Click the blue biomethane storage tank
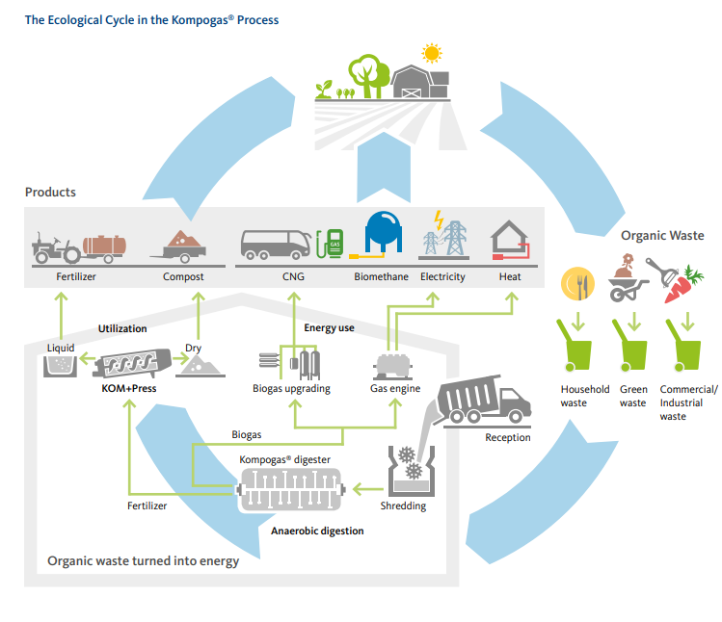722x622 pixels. click(x=383, y=238)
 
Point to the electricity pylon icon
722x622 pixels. click(x=442, y=238)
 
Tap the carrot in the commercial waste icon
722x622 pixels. click(x=684, y=287)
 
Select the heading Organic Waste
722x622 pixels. click(x=662, y=235)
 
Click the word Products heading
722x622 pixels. click(x=50, y=192)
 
